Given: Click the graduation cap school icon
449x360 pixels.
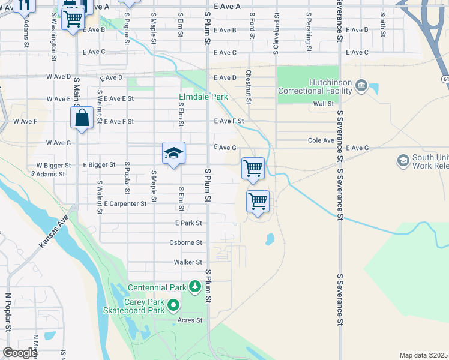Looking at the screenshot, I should point(173,154).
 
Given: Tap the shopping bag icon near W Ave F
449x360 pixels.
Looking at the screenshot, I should point(82,118).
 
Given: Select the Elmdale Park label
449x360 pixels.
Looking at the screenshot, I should point(203,96).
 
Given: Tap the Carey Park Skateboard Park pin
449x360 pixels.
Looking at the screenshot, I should point(173,306).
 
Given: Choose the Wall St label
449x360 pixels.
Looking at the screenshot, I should point(323,104).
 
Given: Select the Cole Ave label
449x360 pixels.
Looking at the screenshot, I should point(321,140).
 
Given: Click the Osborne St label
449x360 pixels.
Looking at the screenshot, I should point(188,242).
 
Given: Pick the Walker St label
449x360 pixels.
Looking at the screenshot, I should point(188,262).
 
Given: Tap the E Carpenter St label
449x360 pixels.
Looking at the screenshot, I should point(125,204).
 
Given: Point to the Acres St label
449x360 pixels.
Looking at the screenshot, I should point(190,320).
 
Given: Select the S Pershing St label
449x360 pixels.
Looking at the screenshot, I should point(309,27).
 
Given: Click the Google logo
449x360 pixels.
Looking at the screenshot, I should point(20,353).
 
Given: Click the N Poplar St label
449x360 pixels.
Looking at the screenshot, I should point(8,312).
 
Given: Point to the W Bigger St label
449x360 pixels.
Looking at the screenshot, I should point(54,165).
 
